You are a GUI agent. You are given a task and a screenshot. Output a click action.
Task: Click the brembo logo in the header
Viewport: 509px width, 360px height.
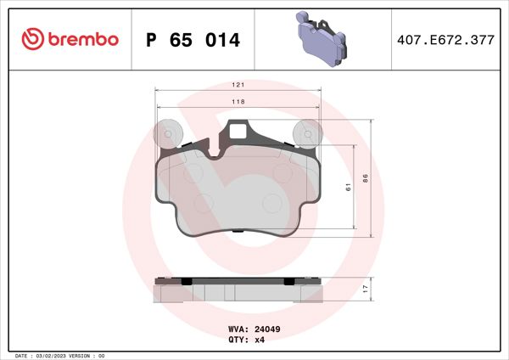point(70,39)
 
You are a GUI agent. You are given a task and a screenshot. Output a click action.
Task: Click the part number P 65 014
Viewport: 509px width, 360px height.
point(193,40)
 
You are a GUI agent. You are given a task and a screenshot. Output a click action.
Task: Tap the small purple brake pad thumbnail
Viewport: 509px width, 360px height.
point(322,39)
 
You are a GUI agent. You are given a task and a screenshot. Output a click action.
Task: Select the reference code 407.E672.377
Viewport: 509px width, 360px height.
point(445,40)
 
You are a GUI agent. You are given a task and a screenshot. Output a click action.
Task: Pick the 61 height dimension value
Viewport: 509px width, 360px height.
point(348,187)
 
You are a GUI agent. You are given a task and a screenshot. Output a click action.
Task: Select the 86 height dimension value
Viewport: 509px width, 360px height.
point(366,178)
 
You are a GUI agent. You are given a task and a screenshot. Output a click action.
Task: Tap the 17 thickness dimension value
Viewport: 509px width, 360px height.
point(366,290)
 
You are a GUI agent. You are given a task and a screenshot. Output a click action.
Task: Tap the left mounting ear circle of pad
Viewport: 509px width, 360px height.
point(167,133)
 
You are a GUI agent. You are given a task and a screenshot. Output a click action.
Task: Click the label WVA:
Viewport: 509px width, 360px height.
point(238,329)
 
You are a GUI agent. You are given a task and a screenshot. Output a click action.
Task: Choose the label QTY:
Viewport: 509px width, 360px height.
point(238,339)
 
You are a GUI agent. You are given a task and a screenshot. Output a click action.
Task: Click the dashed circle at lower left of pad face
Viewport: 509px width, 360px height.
point(204,203)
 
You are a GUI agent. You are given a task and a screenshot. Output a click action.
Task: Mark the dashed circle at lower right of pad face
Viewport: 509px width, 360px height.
point(273,203)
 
